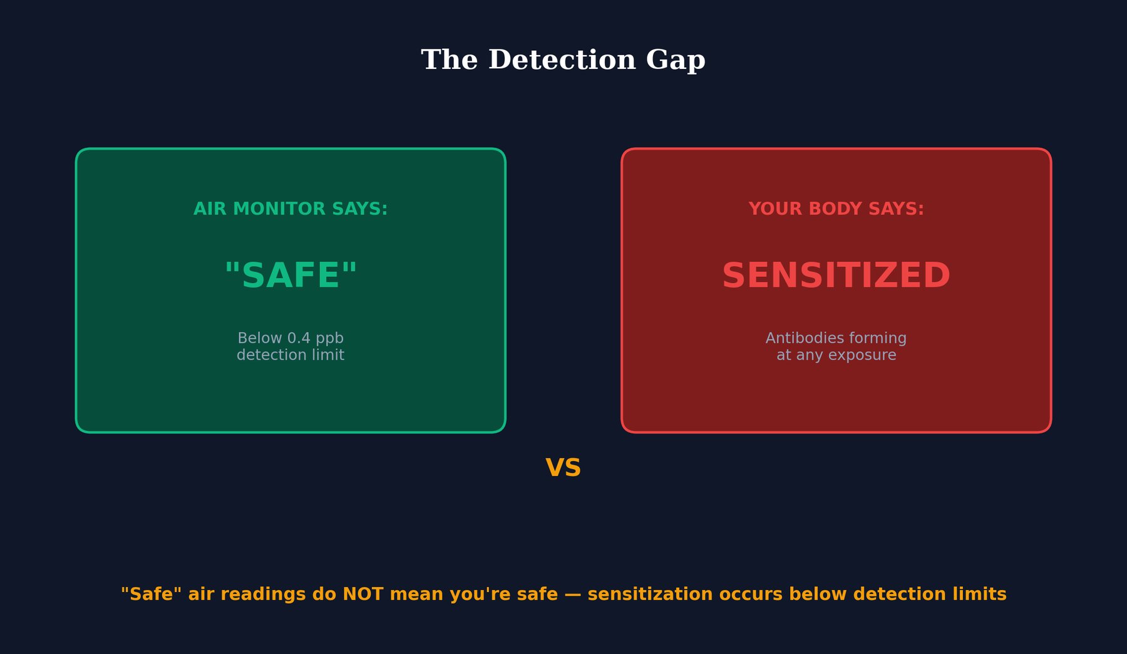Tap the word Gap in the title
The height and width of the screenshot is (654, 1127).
coord(675,61)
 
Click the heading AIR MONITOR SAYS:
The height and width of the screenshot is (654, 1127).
coord(291,209)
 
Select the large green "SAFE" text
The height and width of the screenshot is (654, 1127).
coord(291,276)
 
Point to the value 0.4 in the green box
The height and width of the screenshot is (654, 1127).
coord(299,338)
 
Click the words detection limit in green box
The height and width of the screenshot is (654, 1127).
coord(291,355)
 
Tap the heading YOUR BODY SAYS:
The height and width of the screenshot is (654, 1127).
coord(836,209)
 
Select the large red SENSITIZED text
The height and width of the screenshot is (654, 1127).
coord(836,276)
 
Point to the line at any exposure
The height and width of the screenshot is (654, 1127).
coord(836,355)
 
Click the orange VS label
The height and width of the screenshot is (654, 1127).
coord(563,469)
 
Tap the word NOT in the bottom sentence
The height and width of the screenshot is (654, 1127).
coord(363,594)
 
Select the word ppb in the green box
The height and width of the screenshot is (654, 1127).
coord(329,339)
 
